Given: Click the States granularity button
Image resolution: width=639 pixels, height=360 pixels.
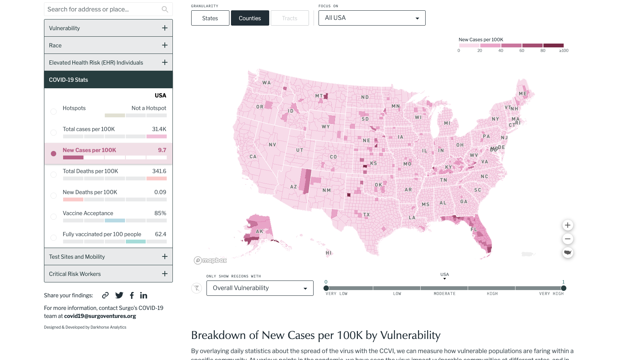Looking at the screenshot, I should click(x=210, y=18).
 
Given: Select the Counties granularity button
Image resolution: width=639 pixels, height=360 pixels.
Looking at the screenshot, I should click(x=250, y=18).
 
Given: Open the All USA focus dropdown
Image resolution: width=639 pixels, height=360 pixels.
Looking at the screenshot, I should click(x=372, y=18).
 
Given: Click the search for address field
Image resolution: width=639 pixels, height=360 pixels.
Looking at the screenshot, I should click(x=103, y=9).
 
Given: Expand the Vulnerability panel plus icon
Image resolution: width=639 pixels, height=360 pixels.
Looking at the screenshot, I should click(x=165, y=28).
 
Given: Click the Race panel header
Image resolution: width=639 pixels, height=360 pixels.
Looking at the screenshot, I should click(x=108, y=45).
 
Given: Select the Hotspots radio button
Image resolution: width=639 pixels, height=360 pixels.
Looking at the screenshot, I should click(x=54, y=112).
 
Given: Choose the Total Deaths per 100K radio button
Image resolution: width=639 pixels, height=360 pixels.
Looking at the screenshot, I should click(x=54, y=175).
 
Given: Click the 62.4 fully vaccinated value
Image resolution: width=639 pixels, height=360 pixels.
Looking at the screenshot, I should click(x=160, y=234).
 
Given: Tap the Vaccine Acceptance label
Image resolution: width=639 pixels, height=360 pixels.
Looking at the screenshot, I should click(x=88, y=213).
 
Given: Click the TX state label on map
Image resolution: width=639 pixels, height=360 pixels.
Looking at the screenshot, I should click(x=366, y=215).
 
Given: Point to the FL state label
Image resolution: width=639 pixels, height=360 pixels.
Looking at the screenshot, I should click(x=474, y=230).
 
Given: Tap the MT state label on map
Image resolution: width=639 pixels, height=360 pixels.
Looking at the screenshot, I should click(x=319, y=96).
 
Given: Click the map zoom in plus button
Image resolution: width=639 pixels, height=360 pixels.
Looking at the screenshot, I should click(x=567, y=225).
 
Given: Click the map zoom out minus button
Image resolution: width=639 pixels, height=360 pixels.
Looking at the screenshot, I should click(x=567, y=239).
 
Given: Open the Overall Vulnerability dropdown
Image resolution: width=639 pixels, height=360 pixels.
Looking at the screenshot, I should click(x=260, y=288).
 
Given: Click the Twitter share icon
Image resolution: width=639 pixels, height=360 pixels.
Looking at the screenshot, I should click(x=119, y=295).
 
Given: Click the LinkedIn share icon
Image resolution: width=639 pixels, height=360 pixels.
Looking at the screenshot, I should click(x=143, y=295).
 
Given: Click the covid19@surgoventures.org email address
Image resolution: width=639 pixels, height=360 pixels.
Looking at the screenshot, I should click(x=100, y=316).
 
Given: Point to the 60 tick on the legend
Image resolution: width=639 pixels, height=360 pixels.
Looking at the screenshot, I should click(x=522, y=50).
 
